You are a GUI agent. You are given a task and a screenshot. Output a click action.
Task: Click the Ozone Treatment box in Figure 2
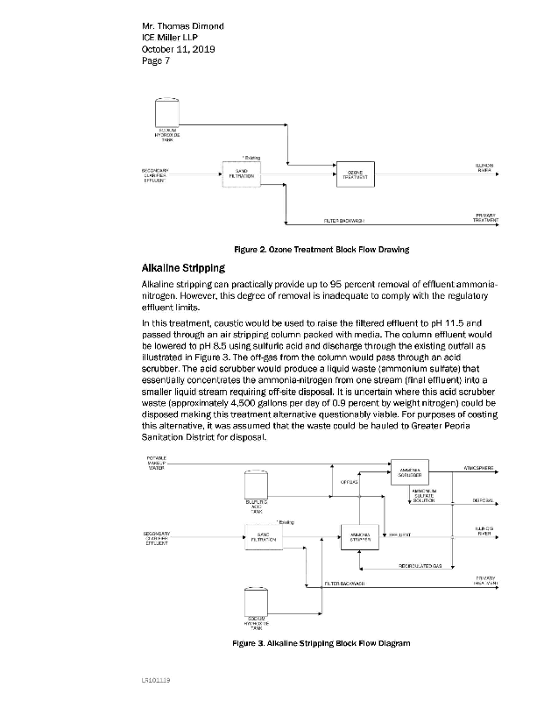pyautogui.click(x=356, y=173)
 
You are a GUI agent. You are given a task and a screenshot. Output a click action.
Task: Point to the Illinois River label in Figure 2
pyautogui.click(x=483, y=166)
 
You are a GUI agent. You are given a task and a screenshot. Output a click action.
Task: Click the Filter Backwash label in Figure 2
pyautogui.click(x=343, y=221)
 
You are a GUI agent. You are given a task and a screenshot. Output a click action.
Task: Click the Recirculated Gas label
pyautogui.click(x=420, y=566)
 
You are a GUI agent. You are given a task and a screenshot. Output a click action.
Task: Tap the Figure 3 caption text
pyautogui.click(x=321, y=643)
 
